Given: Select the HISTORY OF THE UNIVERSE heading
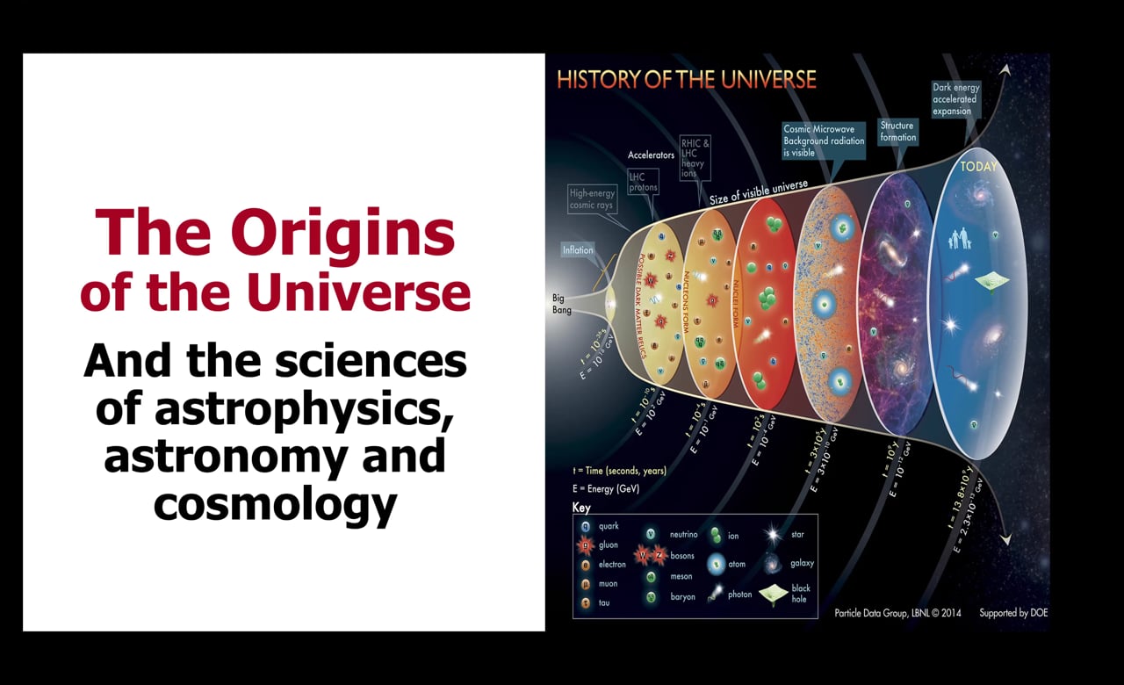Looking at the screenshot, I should [687, 80].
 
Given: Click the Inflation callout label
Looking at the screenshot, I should [578, 250].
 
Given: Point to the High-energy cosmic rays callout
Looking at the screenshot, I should [593, 199].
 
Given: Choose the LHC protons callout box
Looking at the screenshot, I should [642, 182].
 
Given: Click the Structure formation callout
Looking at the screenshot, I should [897, 131].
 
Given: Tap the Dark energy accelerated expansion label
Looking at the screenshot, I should [955, 99].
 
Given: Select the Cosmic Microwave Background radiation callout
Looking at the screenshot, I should [824, 141].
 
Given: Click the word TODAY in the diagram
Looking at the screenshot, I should [979, 166].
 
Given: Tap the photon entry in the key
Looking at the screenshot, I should [728, 595].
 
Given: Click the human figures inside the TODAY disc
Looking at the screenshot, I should [962, 239].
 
